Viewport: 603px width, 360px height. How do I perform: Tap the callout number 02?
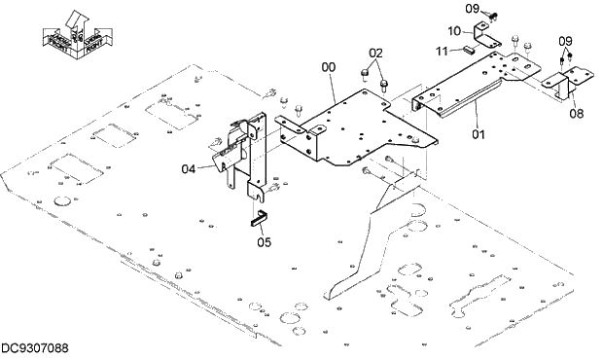tap(376, 52)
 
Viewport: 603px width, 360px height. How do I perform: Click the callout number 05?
tap(265, 242)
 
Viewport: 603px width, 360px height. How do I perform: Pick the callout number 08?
tap(578, 113)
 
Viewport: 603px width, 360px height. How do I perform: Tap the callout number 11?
tap(442, 51)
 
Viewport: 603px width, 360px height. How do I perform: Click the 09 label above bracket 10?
tap(472, 9)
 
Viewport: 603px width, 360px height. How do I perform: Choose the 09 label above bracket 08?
tap(565, 40)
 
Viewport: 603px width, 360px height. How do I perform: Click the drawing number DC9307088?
tap(40, 348)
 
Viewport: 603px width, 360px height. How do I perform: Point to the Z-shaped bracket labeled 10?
tap(485, 39)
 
